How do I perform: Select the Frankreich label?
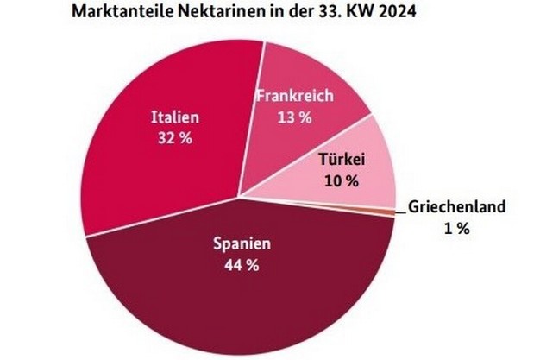(294, 96)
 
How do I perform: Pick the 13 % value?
(294, 117)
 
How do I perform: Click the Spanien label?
(242, 244)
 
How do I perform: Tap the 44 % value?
(242, 265)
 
